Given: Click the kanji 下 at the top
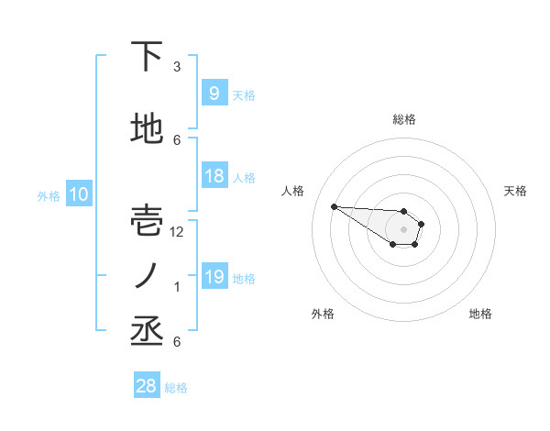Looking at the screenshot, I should tap(148, 57).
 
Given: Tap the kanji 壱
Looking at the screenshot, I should tap(148, 220).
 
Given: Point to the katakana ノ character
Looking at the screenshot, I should tap(148, 275).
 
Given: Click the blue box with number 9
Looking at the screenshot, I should tap(214, 94).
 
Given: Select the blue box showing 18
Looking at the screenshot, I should tap(214, 176).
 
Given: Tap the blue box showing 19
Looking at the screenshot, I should tap(214, 277).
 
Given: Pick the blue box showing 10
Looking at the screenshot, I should tap(78, 194).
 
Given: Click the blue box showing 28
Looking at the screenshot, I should tap(147, 386).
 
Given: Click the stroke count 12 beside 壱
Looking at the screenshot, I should tap(177, 232).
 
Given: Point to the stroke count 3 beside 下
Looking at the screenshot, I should tap(177, 67).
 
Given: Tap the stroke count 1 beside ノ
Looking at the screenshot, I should tap(177, 287).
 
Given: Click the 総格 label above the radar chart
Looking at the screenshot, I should tap(404, 119).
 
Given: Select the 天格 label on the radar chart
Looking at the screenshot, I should tap(516, 191).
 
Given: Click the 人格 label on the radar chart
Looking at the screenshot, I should tap(292, 191).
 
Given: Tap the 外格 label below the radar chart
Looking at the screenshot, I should tap(323, 314).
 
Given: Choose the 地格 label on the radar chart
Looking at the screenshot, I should tap(480, 314).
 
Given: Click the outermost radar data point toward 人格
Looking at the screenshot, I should tap(334, 206).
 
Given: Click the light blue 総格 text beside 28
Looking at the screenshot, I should tap(176, 388).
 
